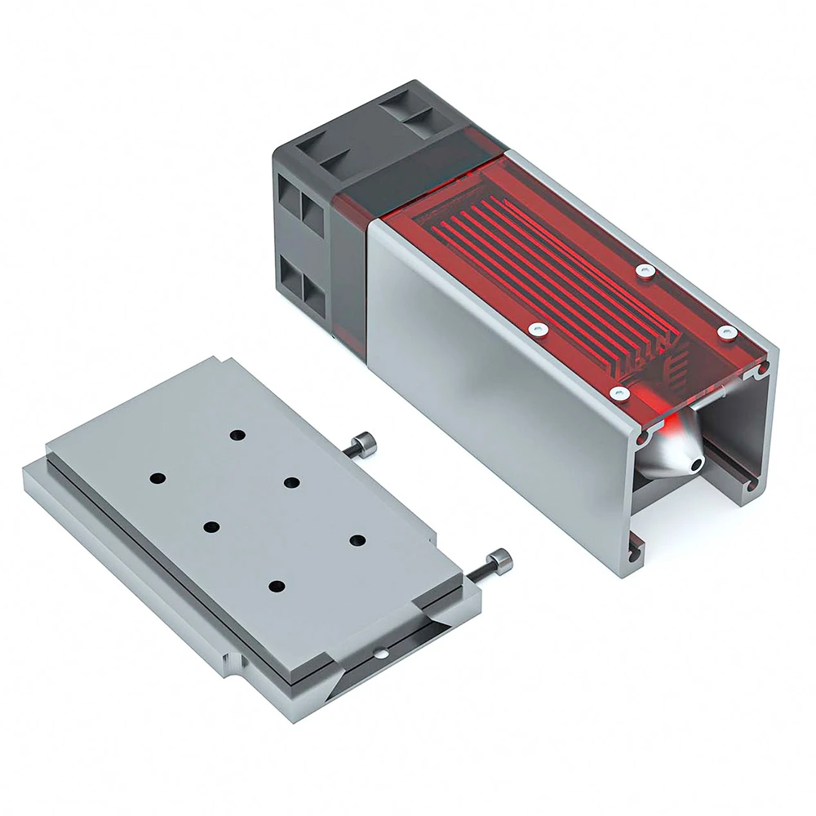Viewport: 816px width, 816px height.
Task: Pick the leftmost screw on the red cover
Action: tap(536, 329)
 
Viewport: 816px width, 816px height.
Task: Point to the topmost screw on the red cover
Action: tap(645, 268)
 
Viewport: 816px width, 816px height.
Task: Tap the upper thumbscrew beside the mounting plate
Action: tap(360, 445)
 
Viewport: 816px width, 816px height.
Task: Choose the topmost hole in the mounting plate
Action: tap(237, 435)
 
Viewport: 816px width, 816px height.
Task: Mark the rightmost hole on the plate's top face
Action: tap(357, 539)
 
